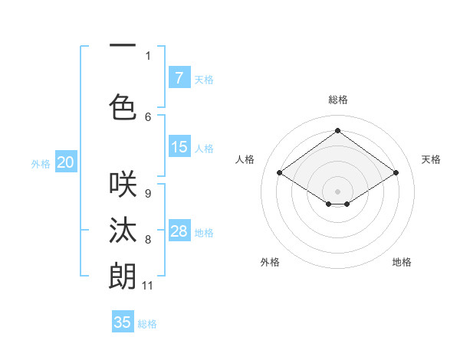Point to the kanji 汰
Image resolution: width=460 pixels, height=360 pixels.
123,229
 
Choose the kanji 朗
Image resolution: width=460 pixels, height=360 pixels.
123,275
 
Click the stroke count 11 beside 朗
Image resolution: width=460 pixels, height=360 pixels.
147,286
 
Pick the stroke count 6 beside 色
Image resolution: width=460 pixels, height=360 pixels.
148,116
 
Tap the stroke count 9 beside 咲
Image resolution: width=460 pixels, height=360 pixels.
148,194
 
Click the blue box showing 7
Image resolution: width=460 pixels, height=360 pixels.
179,77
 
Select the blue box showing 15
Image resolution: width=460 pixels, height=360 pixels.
179,147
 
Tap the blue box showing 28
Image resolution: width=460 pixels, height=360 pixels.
179,231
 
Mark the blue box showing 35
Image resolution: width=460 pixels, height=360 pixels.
123,322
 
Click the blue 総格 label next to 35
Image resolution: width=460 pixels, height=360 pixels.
147,324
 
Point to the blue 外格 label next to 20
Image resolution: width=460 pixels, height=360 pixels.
41,163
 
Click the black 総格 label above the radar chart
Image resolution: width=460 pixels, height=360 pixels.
337,100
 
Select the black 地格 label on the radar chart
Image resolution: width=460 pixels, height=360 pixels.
402,262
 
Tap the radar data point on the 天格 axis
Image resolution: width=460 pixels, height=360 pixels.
396,173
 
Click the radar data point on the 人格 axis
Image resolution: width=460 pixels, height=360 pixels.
279,173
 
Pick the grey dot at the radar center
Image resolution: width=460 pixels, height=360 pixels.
337,190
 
